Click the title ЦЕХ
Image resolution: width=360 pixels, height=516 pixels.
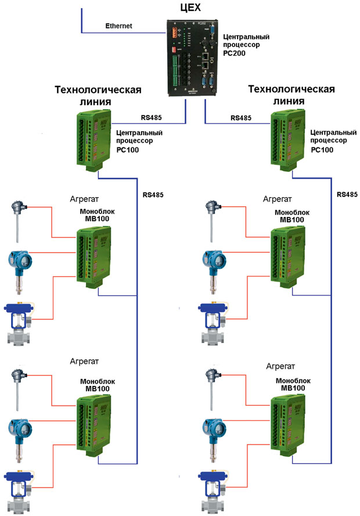point(190,7)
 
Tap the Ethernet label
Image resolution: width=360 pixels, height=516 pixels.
point(118,26)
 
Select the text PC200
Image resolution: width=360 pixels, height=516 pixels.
point(235,53)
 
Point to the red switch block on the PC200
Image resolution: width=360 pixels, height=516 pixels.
point(175,50)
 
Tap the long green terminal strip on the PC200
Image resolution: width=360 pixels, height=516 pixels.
point(175,70)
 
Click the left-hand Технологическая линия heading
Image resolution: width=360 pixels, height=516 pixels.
point(98,95)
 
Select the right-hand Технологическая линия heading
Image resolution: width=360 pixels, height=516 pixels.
point(291,95)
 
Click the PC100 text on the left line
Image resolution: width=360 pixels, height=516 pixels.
point(128,150)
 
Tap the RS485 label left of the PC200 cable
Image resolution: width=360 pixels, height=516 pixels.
point(152,117)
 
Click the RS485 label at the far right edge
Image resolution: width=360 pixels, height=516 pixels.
point(347,194)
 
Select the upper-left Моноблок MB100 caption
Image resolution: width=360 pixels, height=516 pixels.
point(97,215)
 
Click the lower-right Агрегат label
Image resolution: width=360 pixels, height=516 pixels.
point(280,366)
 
